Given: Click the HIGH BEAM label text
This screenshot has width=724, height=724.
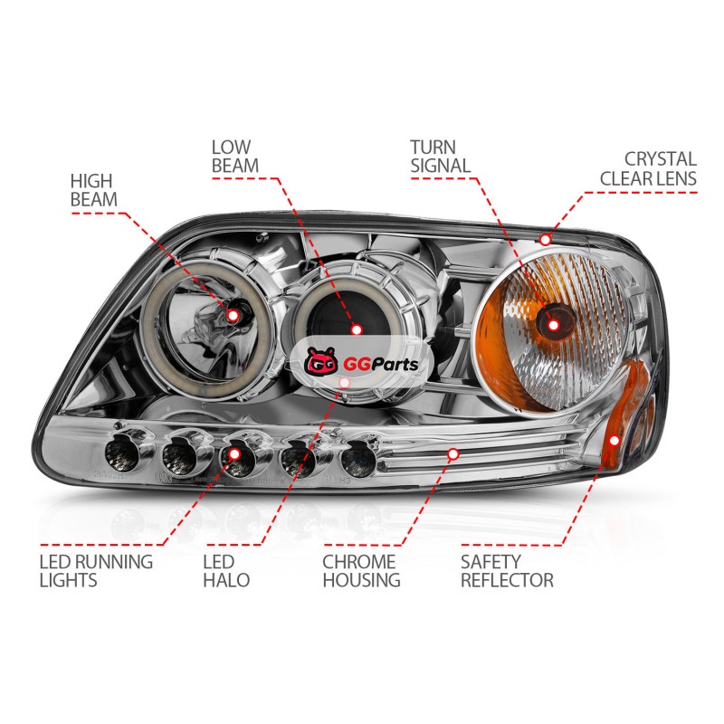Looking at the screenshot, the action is tap(94, 190).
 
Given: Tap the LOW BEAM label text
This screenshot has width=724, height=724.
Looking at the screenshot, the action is tap(235, 157).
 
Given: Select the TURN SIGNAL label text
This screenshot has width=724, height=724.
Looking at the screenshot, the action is tap(441, 157).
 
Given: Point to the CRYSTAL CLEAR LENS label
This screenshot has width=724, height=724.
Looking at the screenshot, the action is tap(648, 168).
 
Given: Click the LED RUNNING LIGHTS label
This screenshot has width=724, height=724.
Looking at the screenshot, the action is tap(96, 571).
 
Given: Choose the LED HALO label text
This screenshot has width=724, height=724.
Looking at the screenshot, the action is tap(226, 571).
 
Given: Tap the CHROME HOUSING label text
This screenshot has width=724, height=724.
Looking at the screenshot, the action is tap(361, 571).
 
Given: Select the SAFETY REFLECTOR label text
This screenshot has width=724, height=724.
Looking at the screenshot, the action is tap(507, 571).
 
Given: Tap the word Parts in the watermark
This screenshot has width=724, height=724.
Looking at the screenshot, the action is tap(395, 364).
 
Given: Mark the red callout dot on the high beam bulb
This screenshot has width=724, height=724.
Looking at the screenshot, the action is tap(233, 316).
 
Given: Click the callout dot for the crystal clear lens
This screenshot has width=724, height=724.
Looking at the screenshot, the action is tap(546, 240).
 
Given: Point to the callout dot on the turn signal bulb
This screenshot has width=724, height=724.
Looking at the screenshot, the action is tap(553, 325).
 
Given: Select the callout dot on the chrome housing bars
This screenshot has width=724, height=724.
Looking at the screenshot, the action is tap(453, 454).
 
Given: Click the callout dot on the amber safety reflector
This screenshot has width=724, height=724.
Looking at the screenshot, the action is tap(614, 440).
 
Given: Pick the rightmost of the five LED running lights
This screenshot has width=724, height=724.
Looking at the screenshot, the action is tap(357, 461).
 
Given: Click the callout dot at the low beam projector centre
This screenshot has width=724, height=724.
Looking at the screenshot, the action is tap(356, 329).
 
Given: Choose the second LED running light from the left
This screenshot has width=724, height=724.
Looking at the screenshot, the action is tap(180, 457).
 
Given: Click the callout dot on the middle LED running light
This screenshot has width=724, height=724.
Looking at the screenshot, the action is tap(234, 454).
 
